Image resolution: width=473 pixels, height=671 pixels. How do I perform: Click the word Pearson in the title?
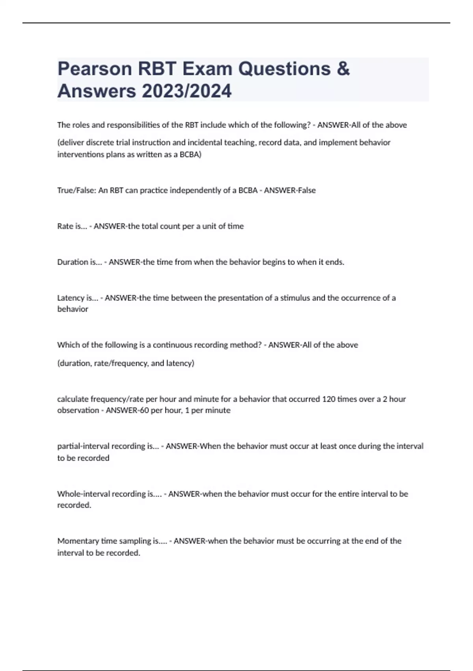click(95, 69)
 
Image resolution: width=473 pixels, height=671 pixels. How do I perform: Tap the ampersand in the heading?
click(343, 69)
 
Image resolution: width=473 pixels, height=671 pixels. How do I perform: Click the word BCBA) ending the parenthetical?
click(190, 154)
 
